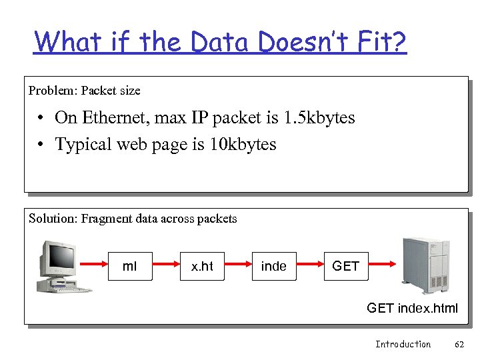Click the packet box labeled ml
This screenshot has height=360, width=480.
131,266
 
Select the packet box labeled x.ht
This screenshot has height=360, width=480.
202,266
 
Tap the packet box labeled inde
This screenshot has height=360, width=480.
274,266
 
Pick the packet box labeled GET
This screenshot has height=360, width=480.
345,266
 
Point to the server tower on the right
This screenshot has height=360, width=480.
426,265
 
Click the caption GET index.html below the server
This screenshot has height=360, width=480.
413,307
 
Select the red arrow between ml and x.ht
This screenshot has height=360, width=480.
167,266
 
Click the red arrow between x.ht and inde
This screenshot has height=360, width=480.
238,266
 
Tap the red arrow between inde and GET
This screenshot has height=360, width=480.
309,266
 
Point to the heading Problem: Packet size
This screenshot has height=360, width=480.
84,89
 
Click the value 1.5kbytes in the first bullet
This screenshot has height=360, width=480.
319,118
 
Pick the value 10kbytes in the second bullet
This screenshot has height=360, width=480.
241,144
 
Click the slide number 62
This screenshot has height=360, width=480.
459,344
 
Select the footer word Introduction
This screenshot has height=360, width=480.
403,344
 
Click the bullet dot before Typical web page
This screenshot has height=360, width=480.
41,145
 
